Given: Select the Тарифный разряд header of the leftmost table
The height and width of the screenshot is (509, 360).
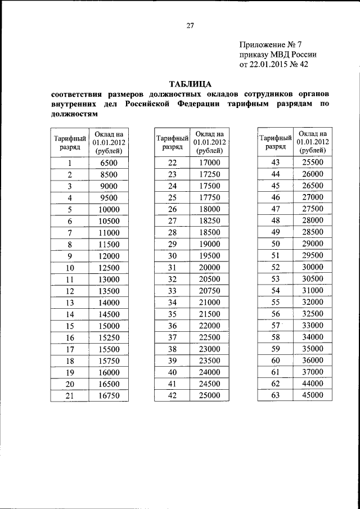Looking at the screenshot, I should [x=70, y=142].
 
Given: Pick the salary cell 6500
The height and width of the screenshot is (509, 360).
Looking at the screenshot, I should [x=109, y=163].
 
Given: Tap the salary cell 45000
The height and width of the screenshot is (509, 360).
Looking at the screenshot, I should [x=312, y=395].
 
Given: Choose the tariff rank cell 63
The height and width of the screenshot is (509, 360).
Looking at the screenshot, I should [x=275, y=395].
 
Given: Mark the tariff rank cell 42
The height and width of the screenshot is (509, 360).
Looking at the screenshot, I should [x=172, y=395].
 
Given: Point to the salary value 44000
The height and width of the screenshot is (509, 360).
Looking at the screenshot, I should [x=312, y=384].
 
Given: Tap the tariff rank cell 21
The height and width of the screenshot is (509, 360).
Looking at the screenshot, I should [x=70, y=395].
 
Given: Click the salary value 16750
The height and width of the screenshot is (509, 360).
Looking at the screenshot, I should [x=109, y=395].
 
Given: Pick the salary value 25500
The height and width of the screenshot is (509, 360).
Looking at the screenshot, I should [x=312, y=163].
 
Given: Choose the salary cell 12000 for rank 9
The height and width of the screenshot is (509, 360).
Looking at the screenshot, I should [x=109, y=256].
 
